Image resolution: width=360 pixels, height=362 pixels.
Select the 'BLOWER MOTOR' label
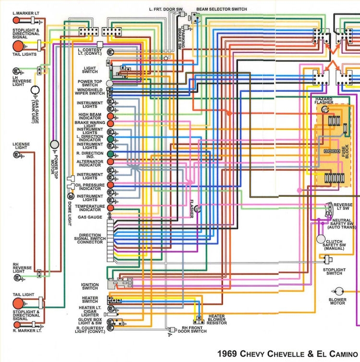337,301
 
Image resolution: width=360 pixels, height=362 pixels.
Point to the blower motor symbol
339,291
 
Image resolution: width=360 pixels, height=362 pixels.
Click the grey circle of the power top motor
55,145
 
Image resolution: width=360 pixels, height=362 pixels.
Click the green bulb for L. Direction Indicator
111,139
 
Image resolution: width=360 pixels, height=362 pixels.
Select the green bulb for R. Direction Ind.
111,154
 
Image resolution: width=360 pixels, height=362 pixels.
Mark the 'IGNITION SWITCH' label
90,286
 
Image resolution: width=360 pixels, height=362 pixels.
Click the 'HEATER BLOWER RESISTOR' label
217,320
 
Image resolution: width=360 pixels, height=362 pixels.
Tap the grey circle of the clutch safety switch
320,238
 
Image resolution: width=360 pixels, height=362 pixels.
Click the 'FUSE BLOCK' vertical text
346,152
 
